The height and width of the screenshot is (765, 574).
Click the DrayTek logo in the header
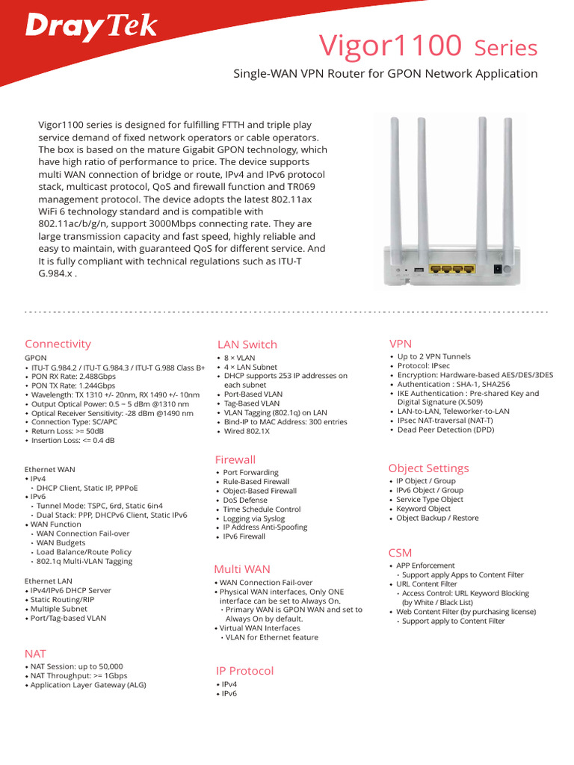click(92, 27)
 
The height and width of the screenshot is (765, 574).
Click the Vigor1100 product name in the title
click(390, 46)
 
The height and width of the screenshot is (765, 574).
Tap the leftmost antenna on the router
click(396, 187)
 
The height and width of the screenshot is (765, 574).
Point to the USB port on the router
click(417, 270)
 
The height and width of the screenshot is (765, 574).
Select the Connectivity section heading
click(58, 344)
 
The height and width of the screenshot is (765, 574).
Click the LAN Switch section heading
click(247, 344)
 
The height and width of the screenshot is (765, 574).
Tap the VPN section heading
click(401, 343)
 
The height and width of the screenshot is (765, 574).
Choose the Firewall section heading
click(235, 459)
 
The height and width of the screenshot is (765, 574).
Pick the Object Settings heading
click(428, 468)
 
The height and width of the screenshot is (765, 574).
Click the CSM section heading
click(400, 553)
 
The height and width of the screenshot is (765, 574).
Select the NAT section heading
click(35, 654)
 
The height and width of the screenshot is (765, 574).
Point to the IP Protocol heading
click(244, 671)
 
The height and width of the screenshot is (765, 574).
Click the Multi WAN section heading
click(242, 569)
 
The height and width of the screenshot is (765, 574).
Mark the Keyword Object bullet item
click(423, 509)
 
